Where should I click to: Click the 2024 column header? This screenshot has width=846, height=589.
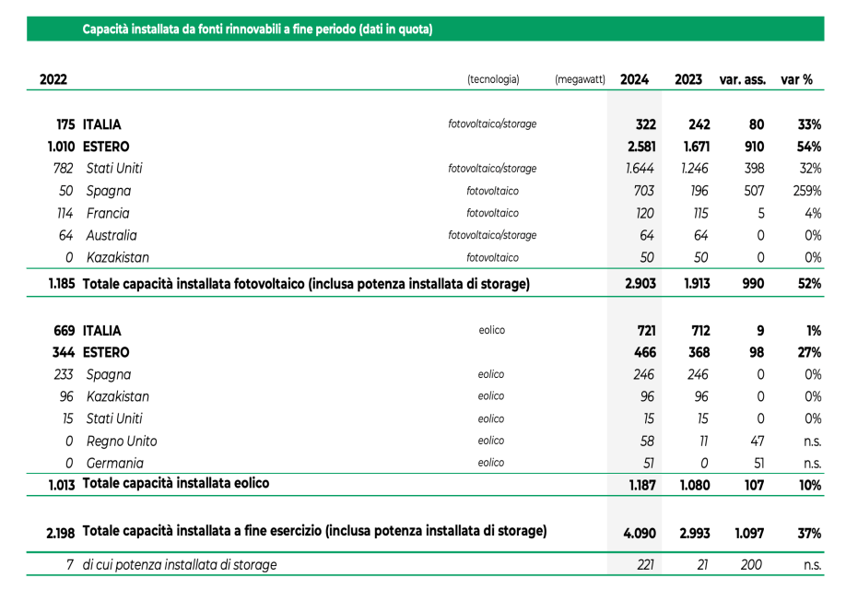(634, 79)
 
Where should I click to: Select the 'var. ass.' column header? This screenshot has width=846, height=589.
(742, 79)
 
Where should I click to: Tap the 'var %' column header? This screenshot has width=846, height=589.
(796, 79)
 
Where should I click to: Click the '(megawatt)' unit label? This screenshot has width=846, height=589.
(580, 79)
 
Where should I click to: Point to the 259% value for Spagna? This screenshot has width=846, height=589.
(805, 191)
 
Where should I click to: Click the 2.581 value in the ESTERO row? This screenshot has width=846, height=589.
(640, 147)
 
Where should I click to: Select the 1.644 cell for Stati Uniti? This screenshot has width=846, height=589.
(640, 169)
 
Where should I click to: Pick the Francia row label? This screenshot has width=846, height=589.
(108, 213)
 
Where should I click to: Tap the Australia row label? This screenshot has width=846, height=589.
(112, 235)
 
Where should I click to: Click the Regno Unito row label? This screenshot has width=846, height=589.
(122, 442)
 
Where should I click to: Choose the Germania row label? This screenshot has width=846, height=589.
(115, 464)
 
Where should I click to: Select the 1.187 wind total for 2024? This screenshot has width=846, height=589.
(640, 483)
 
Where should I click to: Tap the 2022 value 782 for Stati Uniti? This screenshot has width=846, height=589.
(63, 169)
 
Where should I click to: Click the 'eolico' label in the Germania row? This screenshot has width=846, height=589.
(491, 464)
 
